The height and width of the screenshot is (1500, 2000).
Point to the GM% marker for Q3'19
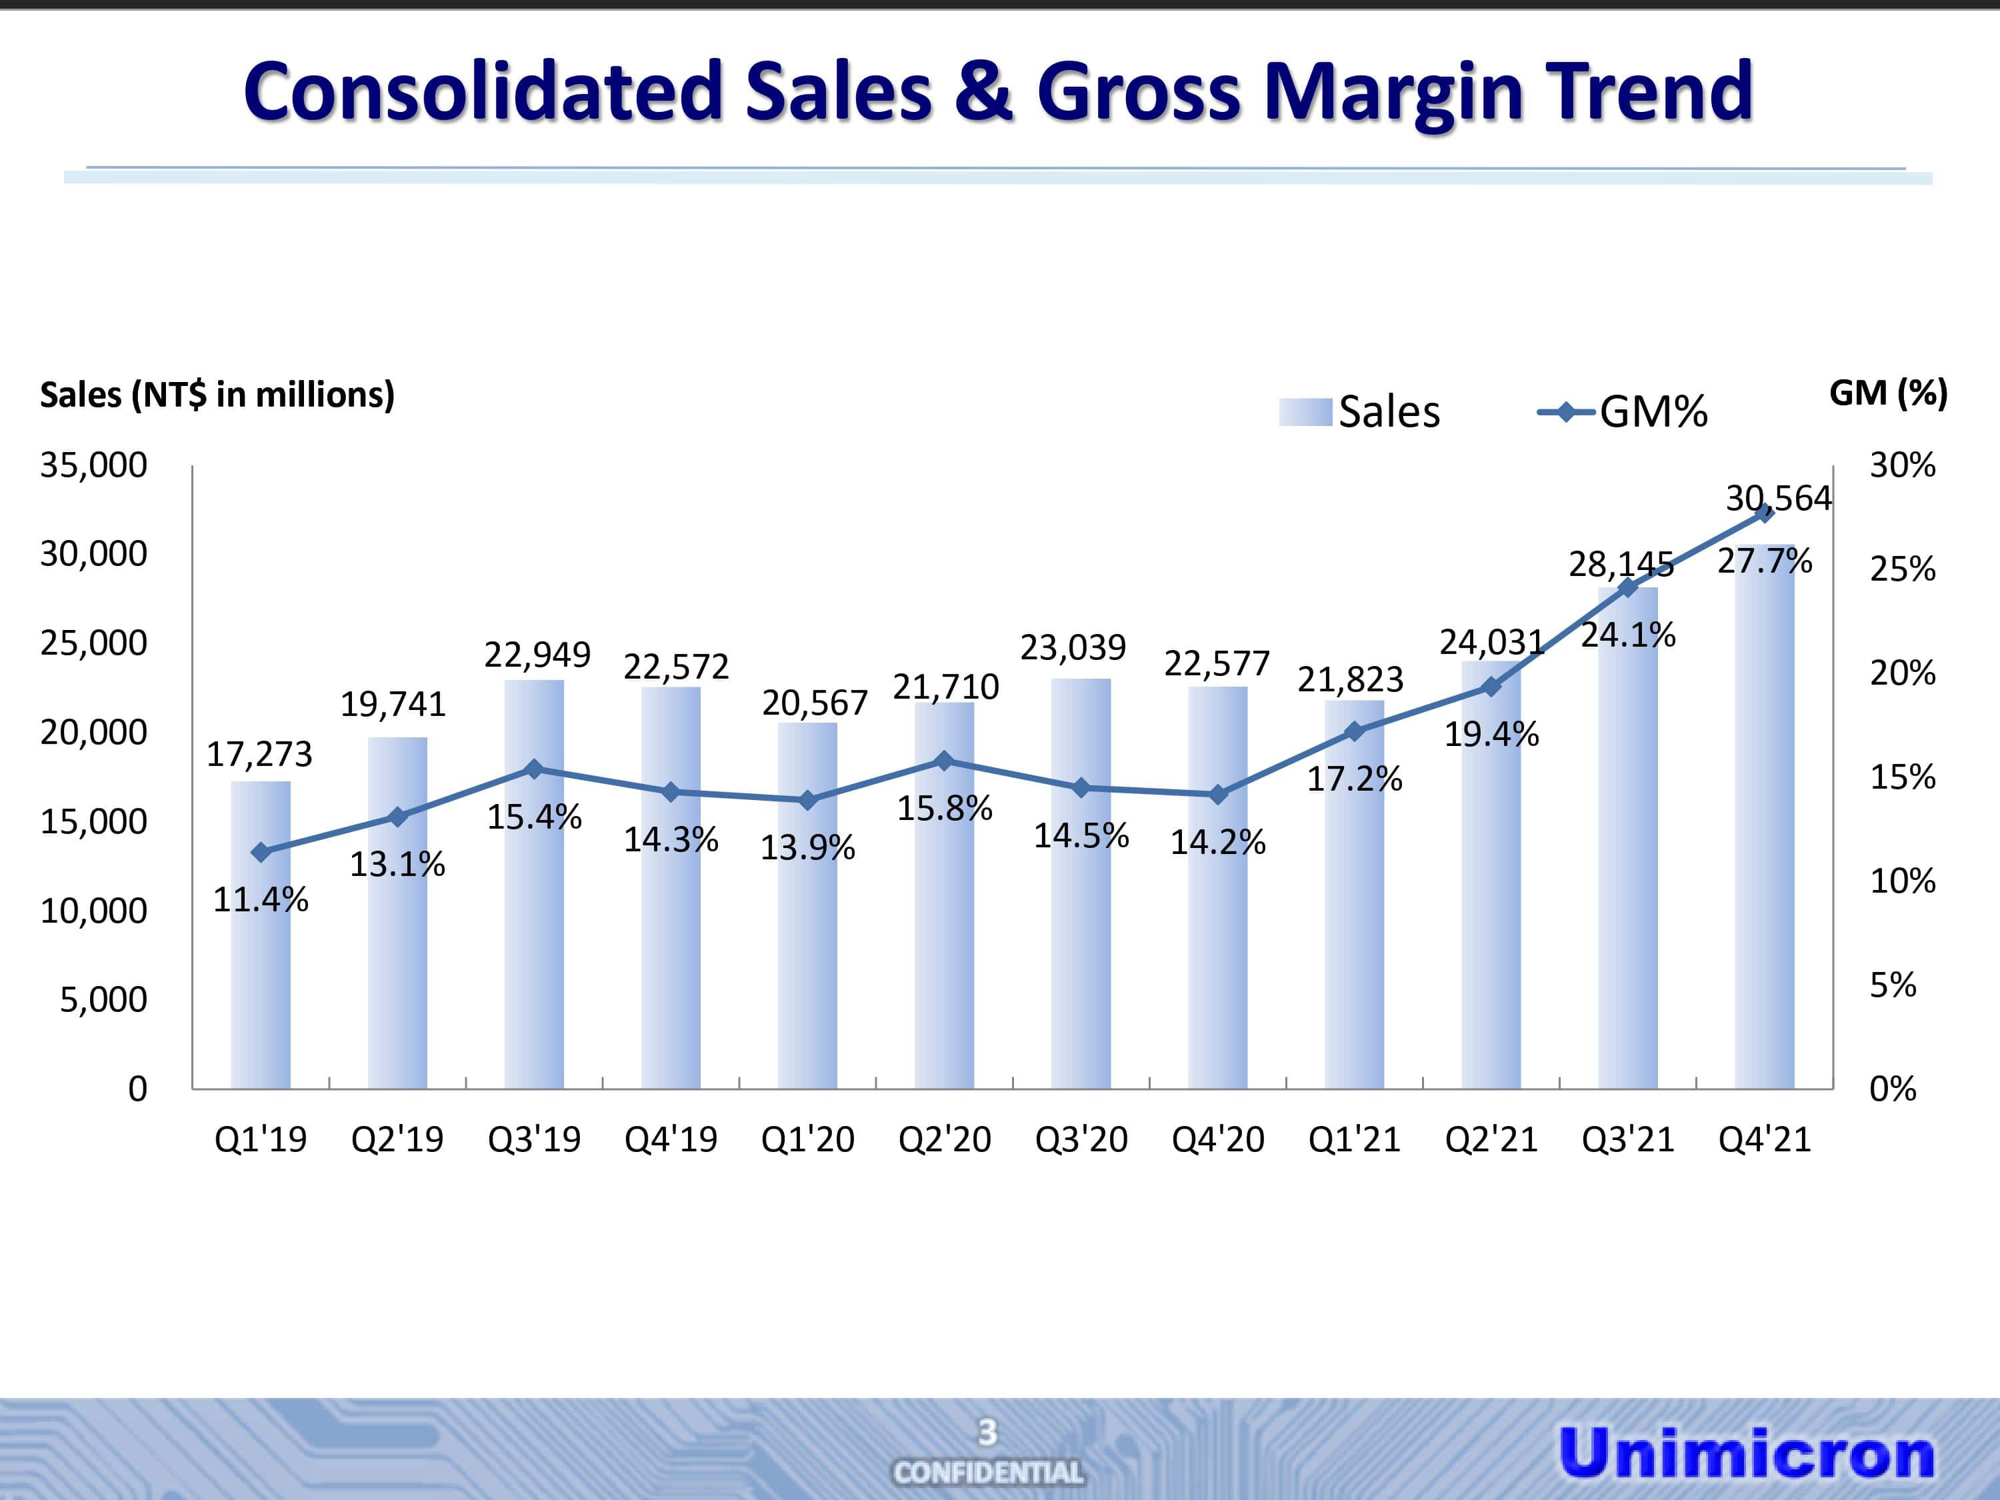click(x=535, y=769)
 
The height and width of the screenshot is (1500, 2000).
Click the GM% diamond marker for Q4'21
click(x=1764, y=513)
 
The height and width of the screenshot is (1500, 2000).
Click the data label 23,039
click(x=1073, y=647)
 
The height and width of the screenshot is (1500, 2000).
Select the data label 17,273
click(x=259, y=754)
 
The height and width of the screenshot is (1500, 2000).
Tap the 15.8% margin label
click(x=944, y=808)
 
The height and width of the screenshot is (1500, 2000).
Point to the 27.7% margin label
click(x=1765, y=561)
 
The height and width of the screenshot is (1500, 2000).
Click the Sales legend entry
click(x=1361, y=412)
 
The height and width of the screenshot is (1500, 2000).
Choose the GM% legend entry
click(x=1623, y=412)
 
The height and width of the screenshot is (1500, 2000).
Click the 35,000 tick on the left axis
click(x=93, y=465)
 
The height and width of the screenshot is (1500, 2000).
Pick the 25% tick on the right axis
click(x=1903, y=569)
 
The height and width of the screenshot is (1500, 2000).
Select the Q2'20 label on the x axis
click(x=944, y=1139)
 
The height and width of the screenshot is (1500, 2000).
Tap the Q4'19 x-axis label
click(x=671, y=1139)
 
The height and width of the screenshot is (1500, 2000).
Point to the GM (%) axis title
click(x=1888, y=393)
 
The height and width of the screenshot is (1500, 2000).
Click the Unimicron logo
click(x=1746, y=1453)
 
